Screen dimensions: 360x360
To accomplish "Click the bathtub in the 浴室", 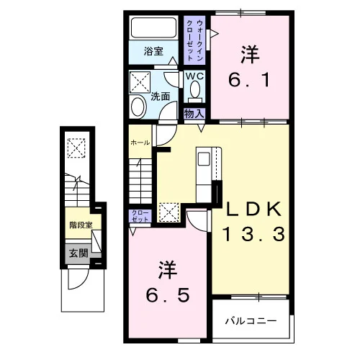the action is point(153,28).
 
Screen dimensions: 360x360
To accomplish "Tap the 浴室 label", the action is point(153,51).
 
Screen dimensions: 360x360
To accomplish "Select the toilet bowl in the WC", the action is point(195,89).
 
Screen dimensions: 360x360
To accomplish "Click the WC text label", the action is point(194,76).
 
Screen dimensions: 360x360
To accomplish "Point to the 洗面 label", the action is point(160,96).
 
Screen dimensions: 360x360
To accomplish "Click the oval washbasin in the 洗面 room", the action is point(138,107).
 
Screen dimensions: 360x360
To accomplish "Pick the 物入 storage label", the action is point(194,114).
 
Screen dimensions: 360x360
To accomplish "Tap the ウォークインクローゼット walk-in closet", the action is point(194,40).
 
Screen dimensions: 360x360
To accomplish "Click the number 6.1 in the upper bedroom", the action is point(250,80).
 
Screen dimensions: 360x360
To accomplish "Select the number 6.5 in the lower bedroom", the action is point(168,295).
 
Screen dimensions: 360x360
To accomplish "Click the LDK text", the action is point(254,209).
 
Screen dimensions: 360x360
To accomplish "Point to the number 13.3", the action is point(254,234).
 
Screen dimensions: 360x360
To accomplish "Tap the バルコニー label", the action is point(251,321).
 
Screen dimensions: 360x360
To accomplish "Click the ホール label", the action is point(140,143).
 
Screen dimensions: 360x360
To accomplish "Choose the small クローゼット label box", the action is point(140,216).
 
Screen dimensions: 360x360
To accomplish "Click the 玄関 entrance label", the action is point(78,253).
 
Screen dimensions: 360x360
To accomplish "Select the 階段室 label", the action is point(81,225).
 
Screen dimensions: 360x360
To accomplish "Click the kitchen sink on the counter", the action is point(204,159).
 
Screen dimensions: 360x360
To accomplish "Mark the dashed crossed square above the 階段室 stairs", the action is point(76,148).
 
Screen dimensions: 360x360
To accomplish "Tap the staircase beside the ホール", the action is point(140,181).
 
